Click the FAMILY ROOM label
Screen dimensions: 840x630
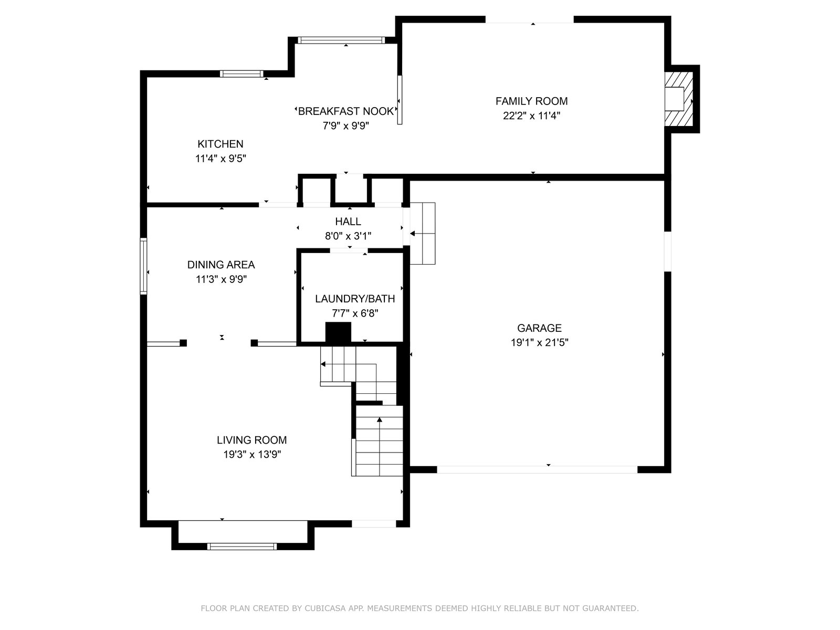point(531,101)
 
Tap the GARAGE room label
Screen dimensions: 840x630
point(539,328)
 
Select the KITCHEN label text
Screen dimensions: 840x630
point(220,144)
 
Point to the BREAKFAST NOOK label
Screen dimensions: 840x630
point(345,111)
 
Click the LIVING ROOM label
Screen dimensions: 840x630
point(252,440)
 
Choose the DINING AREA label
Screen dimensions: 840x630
point(221,265)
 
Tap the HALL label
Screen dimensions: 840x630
point(348,222)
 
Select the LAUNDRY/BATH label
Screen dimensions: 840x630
point(355,299)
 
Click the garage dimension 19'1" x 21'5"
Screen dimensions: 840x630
point(539,342)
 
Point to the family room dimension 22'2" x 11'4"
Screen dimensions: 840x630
point(531,115)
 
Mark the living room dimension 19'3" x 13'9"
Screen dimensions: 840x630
point(252,455)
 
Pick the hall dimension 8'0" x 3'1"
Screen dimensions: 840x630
point(348,236)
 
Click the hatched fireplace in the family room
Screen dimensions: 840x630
point(679,99)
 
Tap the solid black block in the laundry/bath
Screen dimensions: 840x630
point(338,332)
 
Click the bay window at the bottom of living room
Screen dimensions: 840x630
point(242,546)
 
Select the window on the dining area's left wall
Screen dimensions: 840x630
point(143,266)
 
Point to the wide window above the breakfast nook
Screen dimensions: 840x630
point(341,40)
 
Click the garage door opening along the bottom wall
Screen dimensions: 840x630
point(537,469)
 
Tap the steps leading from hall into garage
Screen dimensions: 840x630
point(423,233)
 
